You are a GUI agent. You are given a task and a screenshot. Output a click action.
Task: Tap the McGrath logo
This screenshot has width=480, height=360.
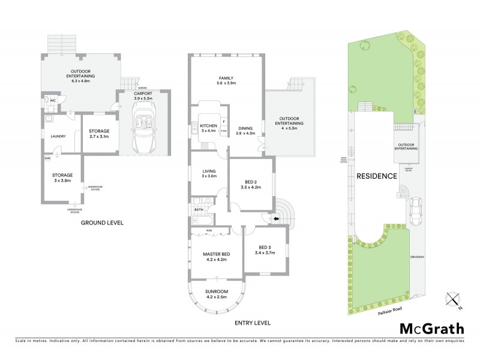pyautogui.click(x=431, y=328)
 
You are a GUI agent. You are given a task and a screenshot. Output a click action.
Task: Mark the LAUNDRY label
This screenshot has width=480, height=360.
pyautogui.click(x=58, y=136)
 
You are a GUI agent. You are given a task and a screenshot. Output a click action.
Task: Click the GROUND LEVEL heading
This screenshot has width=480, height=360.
pyautogui.click(x=102, y=223)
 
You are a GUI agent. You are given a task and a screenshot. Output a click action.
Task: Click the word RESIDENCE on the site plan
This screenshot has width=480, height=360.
pyautogui.click(x=377, y=176)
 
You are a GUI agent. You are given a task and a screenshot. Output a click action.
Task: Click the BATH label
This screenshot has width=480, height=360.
pyautogui.click(x=199, y=209)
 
